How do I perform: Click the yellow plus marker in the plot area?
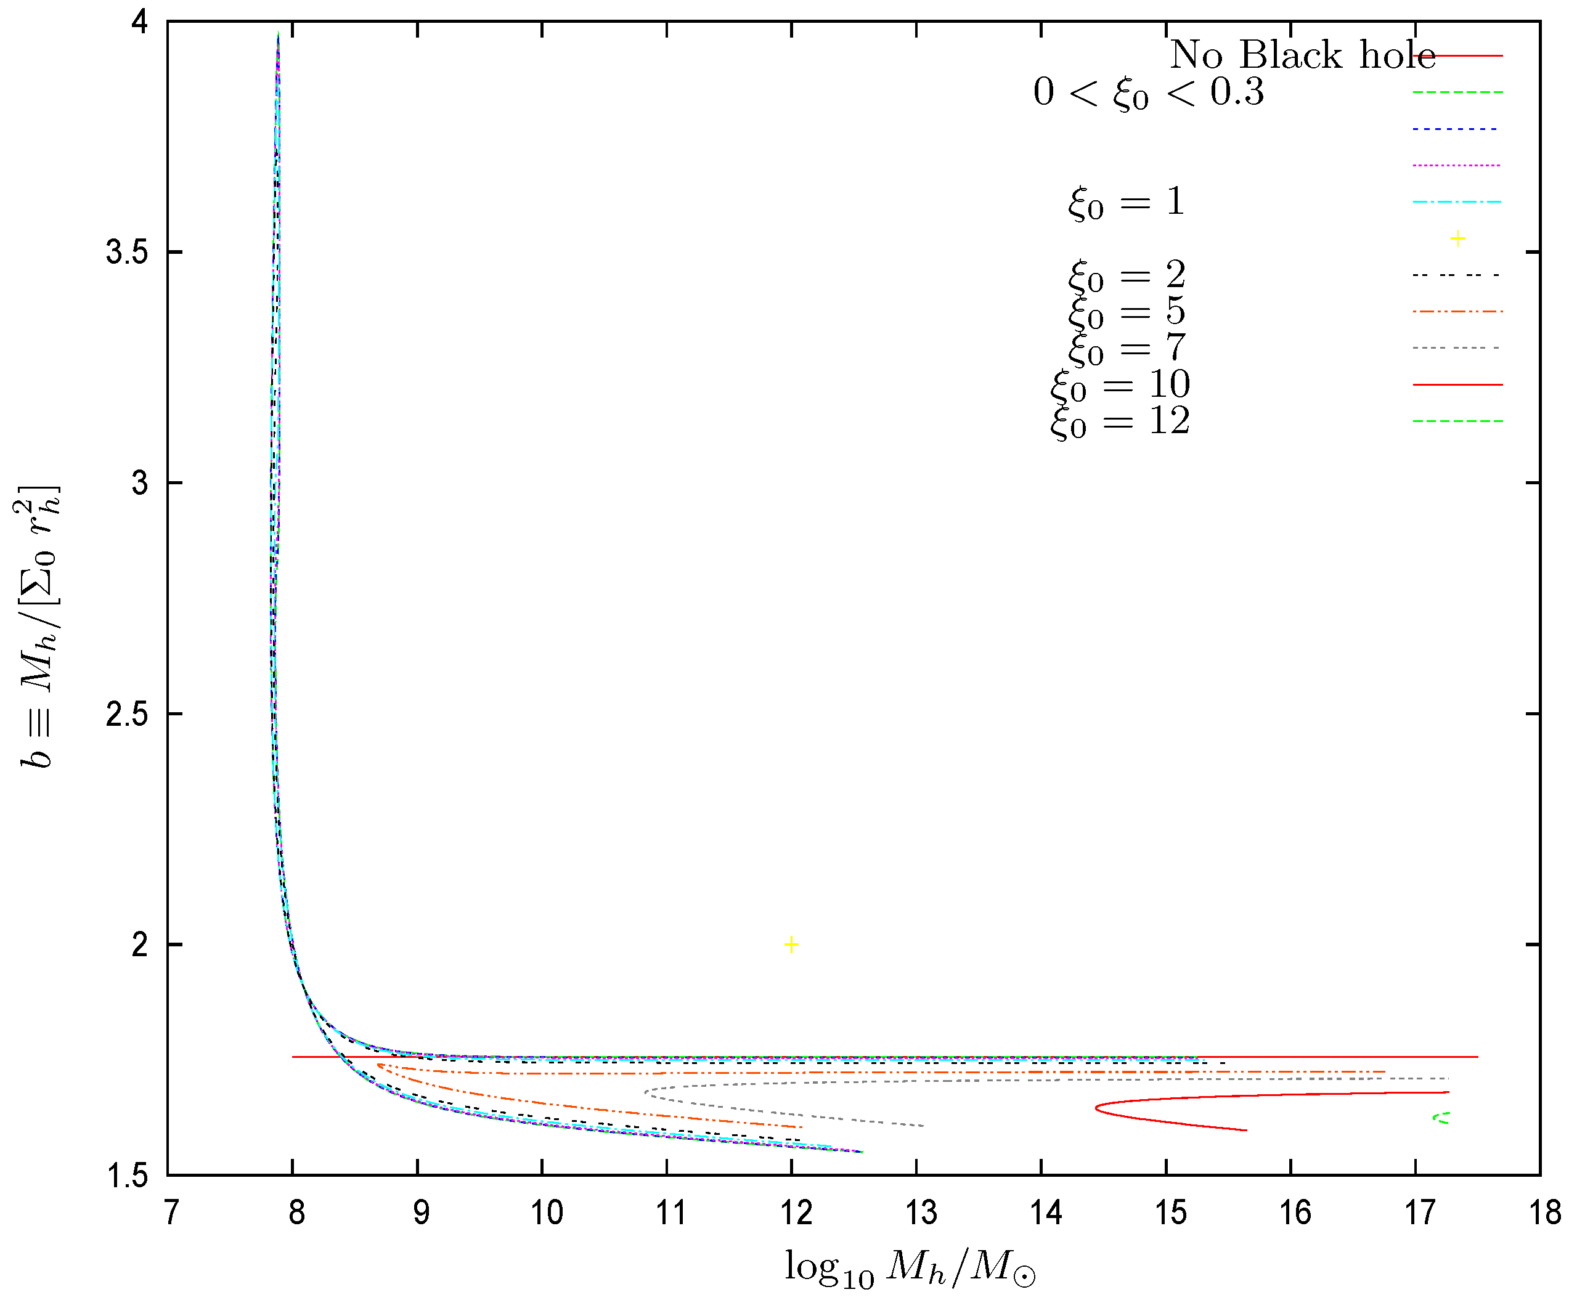click(791, 945)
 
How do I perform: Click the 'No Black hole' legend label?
click(1302, 55)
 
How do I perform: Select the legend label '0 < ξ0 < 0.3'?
click(1148, 92)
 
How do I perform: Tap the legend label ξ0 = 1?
click(1126, 201)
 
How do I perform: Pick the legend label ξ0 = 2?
click(1126, 275)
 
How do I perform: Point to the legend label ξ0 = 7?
click(1126, 348)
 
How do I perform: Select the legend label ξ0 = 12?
click(1119, 421)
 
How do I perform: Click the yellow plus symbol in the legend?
click(1457, 239)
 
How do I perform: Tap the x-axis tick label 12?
click(796, 1213)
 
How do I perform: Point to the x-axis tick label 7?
click(171, 1213)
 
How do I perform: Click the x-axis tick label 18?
click(1544, 1213)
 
